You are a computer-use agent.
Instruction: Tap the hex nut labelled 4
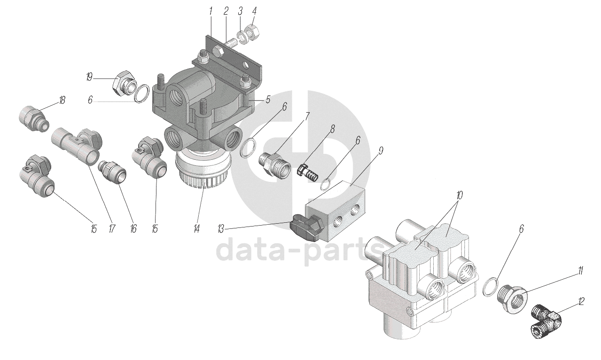tap(252, 32)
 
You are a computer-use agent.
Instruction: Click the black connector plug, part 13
tap(304, 227)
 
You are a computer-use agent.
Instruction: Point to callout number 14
tap(196, 229)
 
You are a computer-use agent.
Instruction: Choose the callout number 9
tap(380, 151)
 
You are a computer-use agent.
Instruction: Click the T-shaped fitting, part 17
tap(78, 145)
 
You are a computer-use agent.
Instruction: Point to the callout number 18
tap(62, 101)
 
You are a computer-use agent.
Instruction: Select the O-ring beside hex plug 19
tap(142, 93)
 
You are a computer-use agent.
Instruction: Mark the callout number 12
tap(581, 302)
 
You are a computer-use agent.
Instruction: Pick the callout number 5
tap(268, 99)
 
